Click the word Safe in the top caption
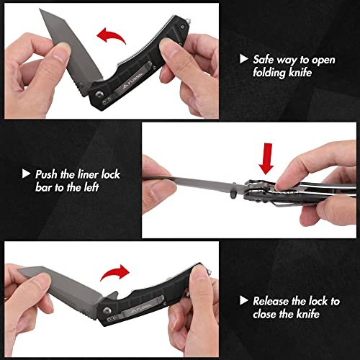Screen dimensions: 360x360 [264, 59]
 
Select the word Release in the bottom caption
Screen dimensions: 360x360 [271, 300]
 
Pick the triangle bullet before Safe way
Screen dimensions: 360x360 [243, 60]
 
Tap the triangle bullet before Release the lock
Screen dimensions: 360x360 [243, 300]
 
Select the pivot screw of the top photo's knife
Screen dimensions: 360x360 [99, 94]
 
